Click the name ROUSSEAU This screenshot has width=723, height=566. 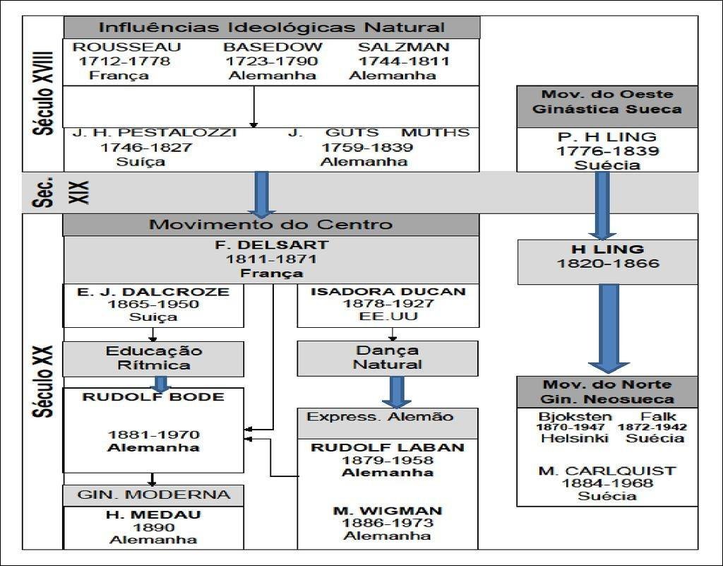click(127, 47)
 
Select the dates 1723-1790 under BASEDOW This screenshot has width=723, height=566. click(272, 61)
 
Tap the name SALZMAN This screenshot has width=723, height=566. click(403, 47)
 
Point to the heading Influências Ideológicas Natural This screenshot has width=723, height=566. click(272, 28)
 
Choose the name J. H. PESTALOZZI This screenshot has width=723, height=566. click(155, 133)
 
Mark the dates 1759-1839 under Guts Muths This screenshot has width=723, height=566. click(367, 148)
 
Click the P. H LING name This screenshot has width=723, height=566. click(607, 136)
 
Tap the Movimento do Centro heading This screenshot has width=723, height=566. click(270, 225)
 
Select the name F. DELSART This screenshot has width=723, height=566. click(271, 246)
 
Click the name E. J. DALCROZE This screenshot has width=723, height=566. click(153, 291)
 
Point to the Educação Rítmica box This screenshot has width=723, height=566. click(153, 358)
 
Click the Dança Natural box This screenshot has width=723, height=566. click(387, 358)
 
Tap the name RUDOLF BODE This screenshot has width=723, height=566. click(153, 397)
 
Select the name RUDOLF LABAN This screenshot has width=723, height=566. click(388, 447)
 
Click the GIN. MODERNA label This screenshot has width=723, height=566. click(153, 495)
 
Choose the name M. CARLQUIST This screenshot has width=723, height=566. click(607, 471)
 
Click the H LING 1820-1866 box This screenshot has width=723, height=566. click(607, 257)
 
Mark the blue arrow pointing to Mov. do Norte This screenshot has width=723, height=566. click(608, 329)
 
